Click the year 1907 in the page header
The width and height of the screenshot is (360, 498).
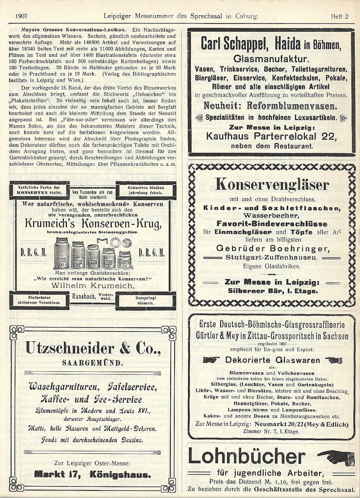tap(22, 16)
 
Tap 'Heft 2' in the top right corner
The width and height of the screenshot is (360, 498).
tap(339, 16)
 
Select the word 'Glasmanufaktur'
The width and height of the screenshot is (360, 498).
tap(271, 59)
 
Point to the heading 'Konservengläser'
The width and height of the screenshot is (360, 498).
tap(272, 185)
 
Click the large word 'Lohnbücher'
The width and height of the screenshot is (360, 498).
tap(247, 457)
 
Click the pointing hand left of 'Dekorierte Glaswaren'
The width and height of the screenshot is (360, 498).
tap(211, 360)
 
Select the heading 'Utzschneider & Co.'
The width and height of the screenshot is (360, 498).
tap(93, 349)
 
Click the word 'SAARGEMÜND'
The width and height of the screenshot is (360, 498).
tap(93, 363)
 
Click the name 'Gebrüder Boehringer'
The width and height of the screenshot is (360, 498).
tap(272, 249)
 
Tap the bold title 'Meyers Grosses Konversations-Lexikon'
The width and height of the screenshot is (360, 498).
tap(74, 30)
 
